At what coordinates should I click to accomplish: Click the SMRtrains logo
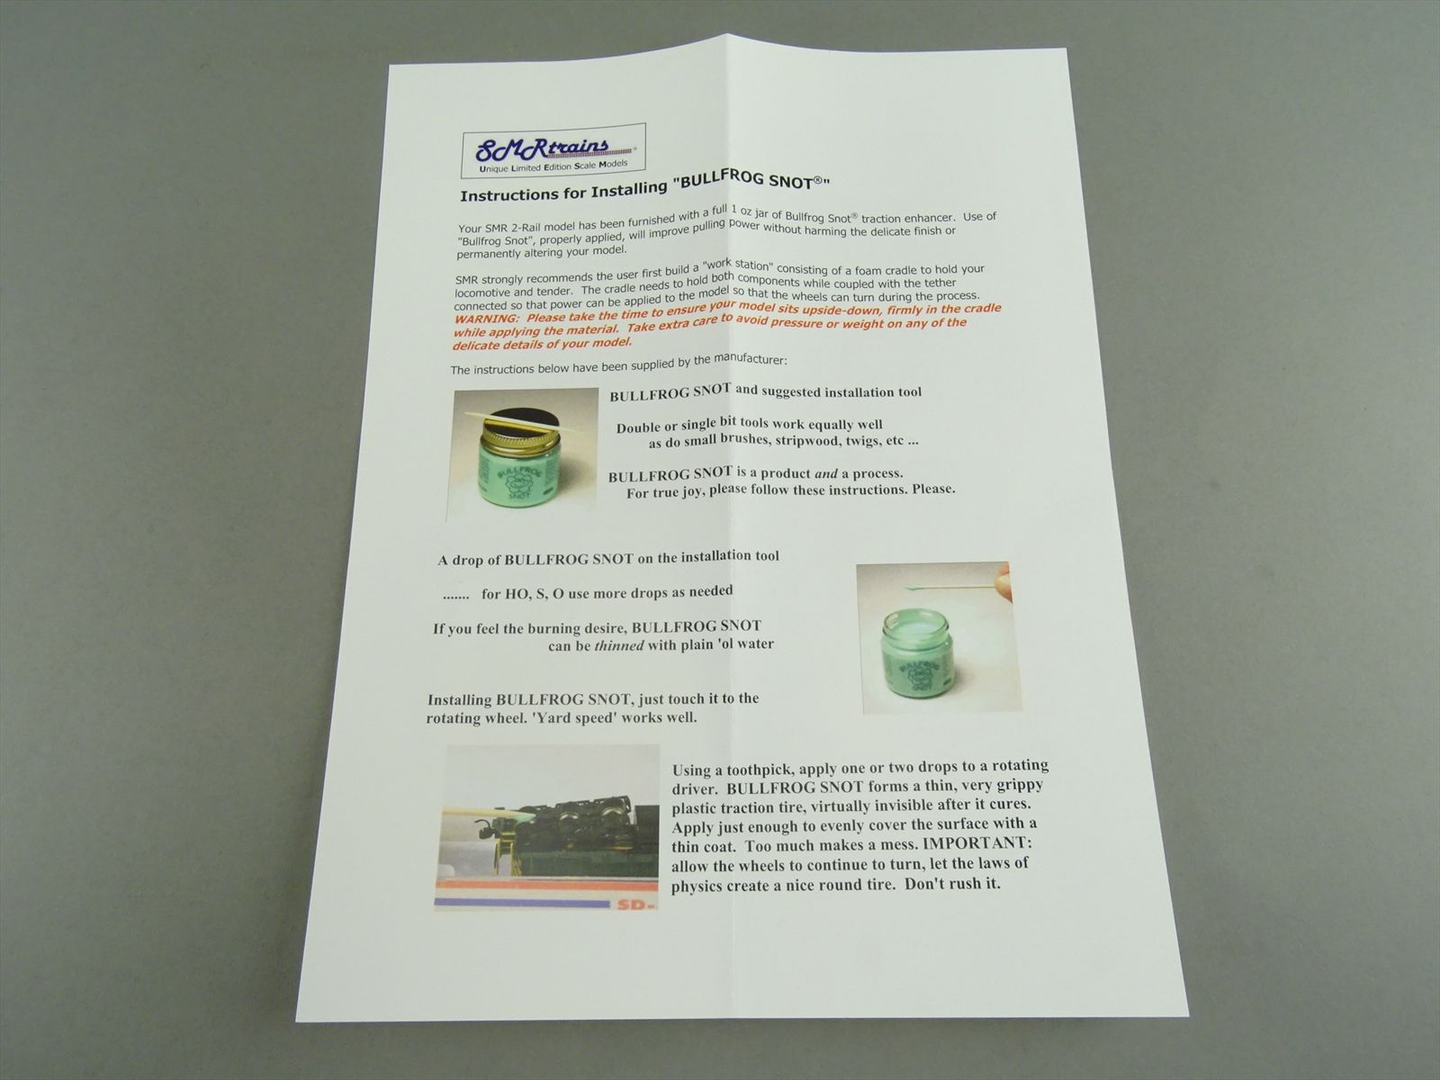coord(553,150)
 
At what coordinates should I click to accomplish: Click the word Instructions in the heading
coord(504,194)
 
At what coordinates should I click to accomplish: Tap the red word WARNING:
coord(487,319)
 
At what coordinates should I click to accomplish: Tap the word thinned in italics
coord(618,645)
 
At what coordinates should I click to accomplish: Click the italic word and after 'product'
coord(826,472)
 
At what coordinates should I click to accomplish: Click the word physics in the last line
coord(697,886)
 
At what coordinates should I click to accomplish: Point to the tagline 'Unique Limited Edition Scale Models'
coord(553,166)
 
